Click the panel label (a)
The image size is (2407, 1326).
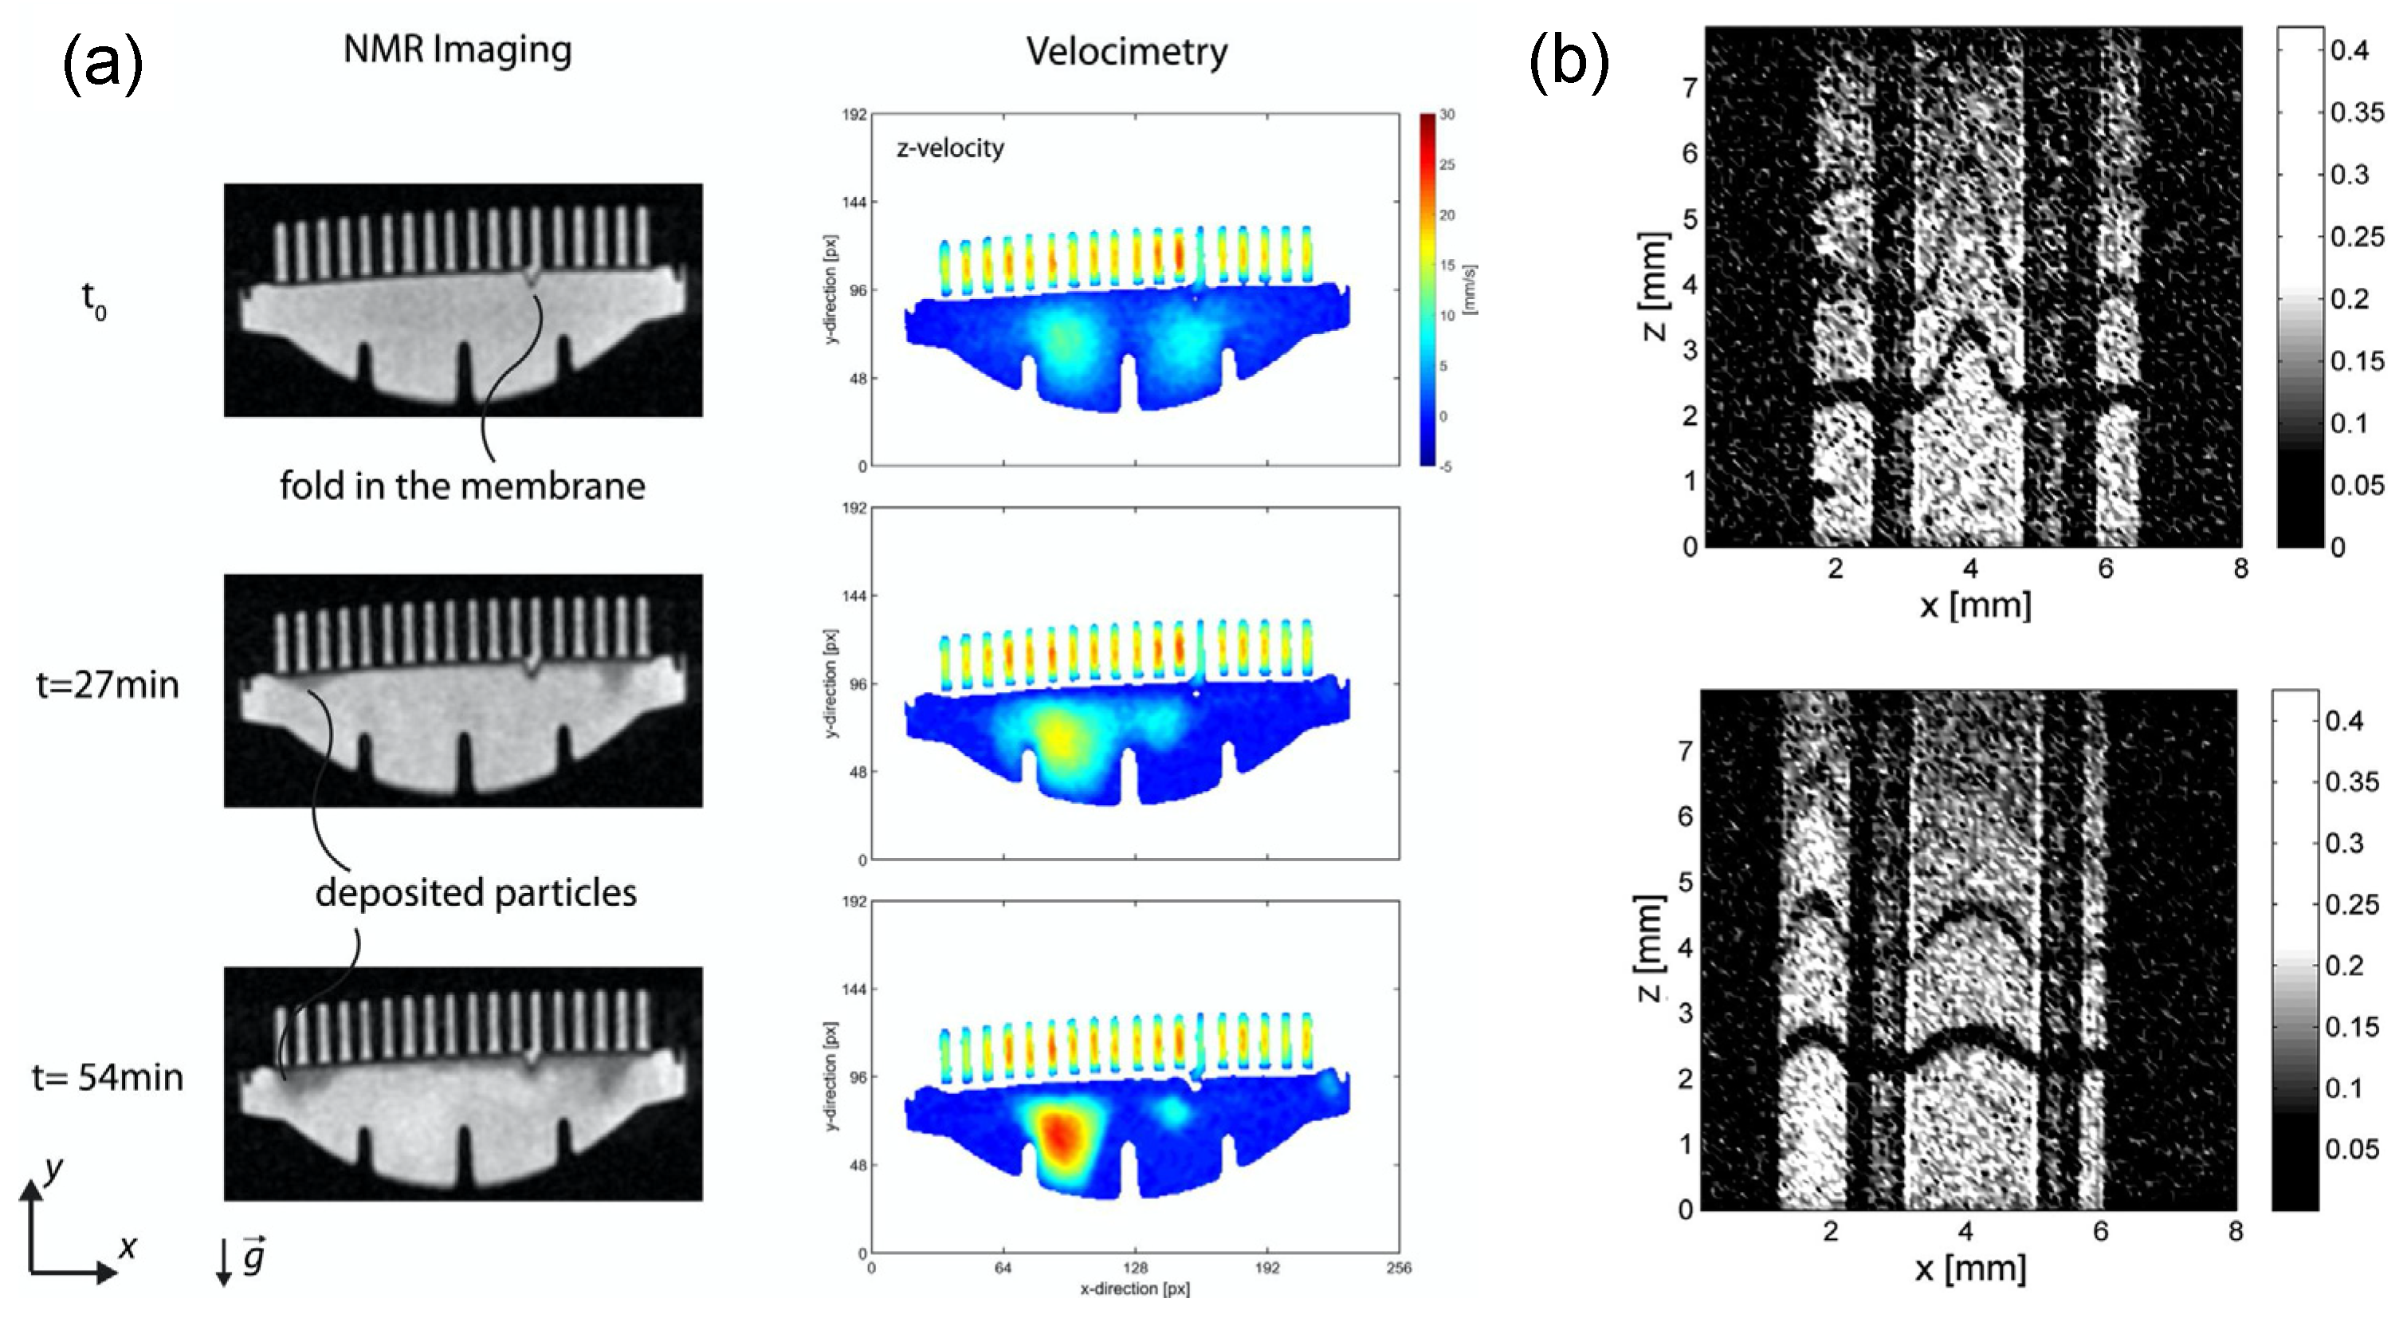(103, 64)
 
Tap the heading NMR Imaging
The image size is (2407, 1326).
(457, 49)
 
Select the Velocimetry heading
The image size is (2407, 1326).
(1126, 51)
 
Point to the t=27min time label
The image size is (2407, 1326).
(108, 685)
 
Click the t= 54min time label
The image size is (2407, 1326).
(108, 1077)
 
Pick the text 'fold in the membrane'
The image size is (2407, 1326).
(461, 486)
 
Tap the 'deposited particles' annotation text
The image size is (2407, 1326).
(476, 892)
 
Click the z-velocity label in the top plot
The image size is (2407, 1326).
(949, 148)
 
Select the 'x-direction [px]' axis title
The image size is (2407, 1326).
(1134, 1289)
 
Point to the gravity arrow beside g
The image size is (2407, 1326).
(223, 1261)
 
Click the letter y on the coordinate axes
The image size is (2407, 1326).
(54, 1168)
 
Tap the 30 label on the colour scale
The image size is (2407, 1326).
(1447, 115)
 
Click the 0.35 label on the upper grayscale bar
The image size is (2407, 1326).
(2357, 112)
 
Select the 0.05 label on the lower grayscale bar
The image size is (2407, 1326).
(2351, 1148)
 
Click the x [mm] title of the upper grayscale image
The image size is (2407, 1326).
(1975, 605)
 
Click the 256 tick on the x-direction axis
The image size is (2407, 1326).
(1399, 1268)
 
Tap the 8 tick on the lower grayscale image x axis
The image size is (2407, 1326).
(2235, 1232)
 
